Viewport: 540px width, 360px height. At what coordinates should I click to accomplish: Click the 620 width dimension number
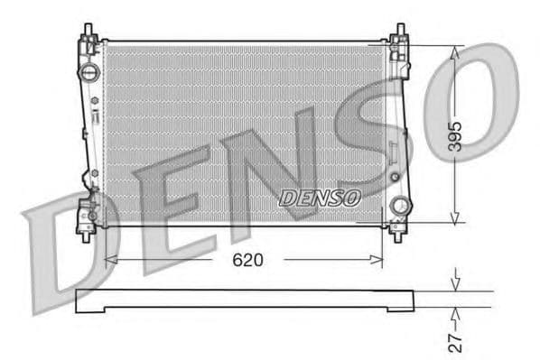click(x=247, y=260)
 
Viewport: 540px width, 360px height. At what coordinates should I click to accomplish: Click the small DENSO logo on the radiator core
click(x=320, y=197)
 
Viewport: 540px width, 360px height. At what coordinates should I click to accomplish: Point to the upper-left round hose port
click(x=89, y=72)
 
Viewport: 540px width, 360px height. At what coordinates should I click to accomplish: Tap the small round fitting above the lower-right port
click(x=395, y=176)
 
